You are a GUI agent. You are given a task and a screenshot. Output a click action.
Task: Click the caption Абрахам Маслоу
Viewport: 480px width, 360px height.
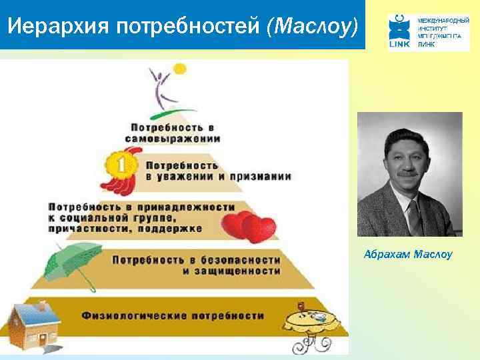(x=408, y=254)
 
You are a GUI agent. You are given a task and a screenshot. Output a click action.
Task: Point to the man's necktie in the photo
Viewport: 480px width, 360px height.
(x=414, y=216)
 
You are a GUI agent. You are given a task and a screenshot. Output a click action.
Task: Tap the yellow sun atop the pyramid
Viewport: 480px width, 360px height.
(x=179, y=68)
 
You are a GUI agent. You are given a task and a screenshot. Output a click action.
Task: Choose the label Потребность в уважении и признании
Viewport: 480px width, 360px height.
(x=217, y=171)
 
